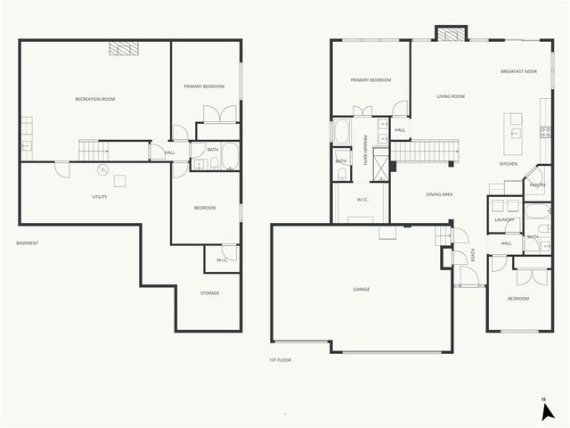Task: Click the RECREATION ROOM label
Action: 94,99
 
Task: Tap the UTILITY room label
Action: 100,196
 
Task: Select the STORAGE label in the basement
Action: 209,292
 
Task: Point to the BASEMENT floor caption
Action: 28,243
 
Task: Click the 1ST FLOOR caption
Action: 281,359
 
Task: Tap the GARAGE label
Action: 361,290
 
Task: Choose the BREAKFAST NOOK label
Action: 518,71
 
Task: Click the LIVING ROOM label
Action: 451,96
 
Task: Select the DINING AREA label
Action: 440,193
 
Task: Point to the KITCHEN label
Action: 509,164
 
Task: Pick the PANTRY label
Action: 537,185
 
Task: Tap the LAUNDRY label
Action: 505,219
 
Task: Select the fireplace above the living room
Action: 450,33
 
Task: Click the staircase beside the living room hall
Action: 424,151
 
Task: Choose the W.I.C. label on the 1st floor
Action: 362,200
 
